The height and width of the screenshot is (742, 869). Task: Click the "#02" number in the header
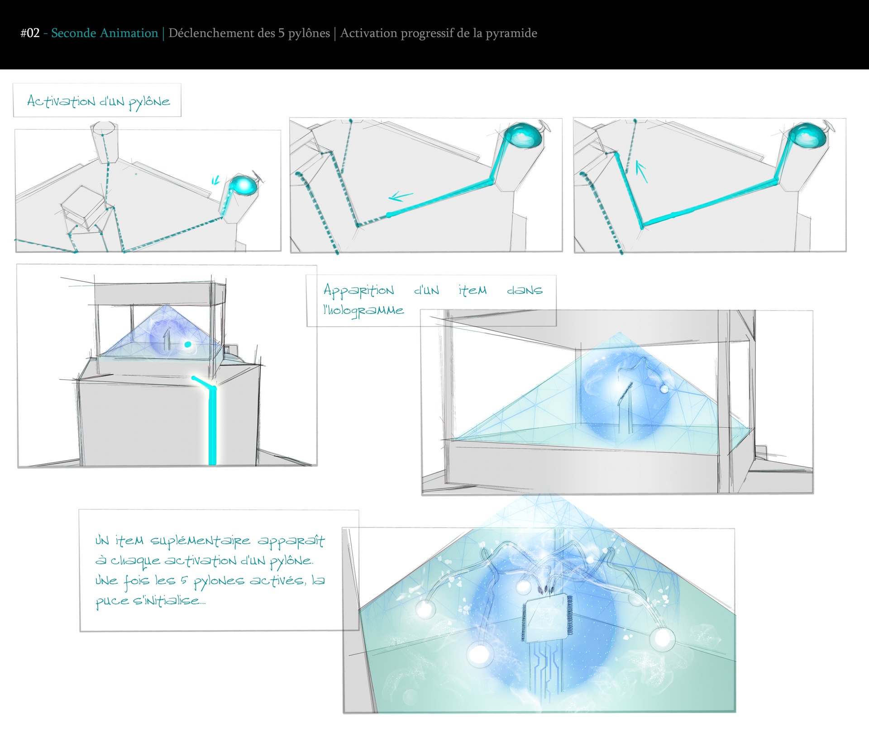coord(30,33)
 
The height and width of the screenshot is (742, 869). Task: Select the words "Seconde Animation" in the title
coord(105,33)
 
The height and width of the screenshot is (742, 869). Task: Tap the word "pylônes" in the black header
coord(309,33)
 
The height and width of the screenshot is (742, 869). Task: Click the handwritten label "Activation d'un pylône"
coord(99,101)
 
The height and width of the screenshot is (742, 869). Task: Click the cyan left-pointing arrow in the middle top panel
coord(401,196)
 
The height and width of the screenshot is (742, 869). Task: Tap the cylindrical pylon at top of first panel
coord(105,141)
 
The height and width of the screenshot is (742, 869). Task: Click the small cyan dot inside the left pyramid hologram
coord(188,345)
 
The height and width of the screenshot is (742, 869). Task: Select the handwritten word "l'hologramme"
coord(363,310)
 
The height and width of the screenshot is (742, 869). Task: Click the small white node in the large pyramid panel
coord(664,389)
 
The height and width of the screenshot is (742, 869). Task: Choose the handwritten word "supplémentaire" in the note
coord(200,541)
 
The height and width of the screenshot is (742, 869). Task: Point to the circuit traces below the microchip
coord(547,667)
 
